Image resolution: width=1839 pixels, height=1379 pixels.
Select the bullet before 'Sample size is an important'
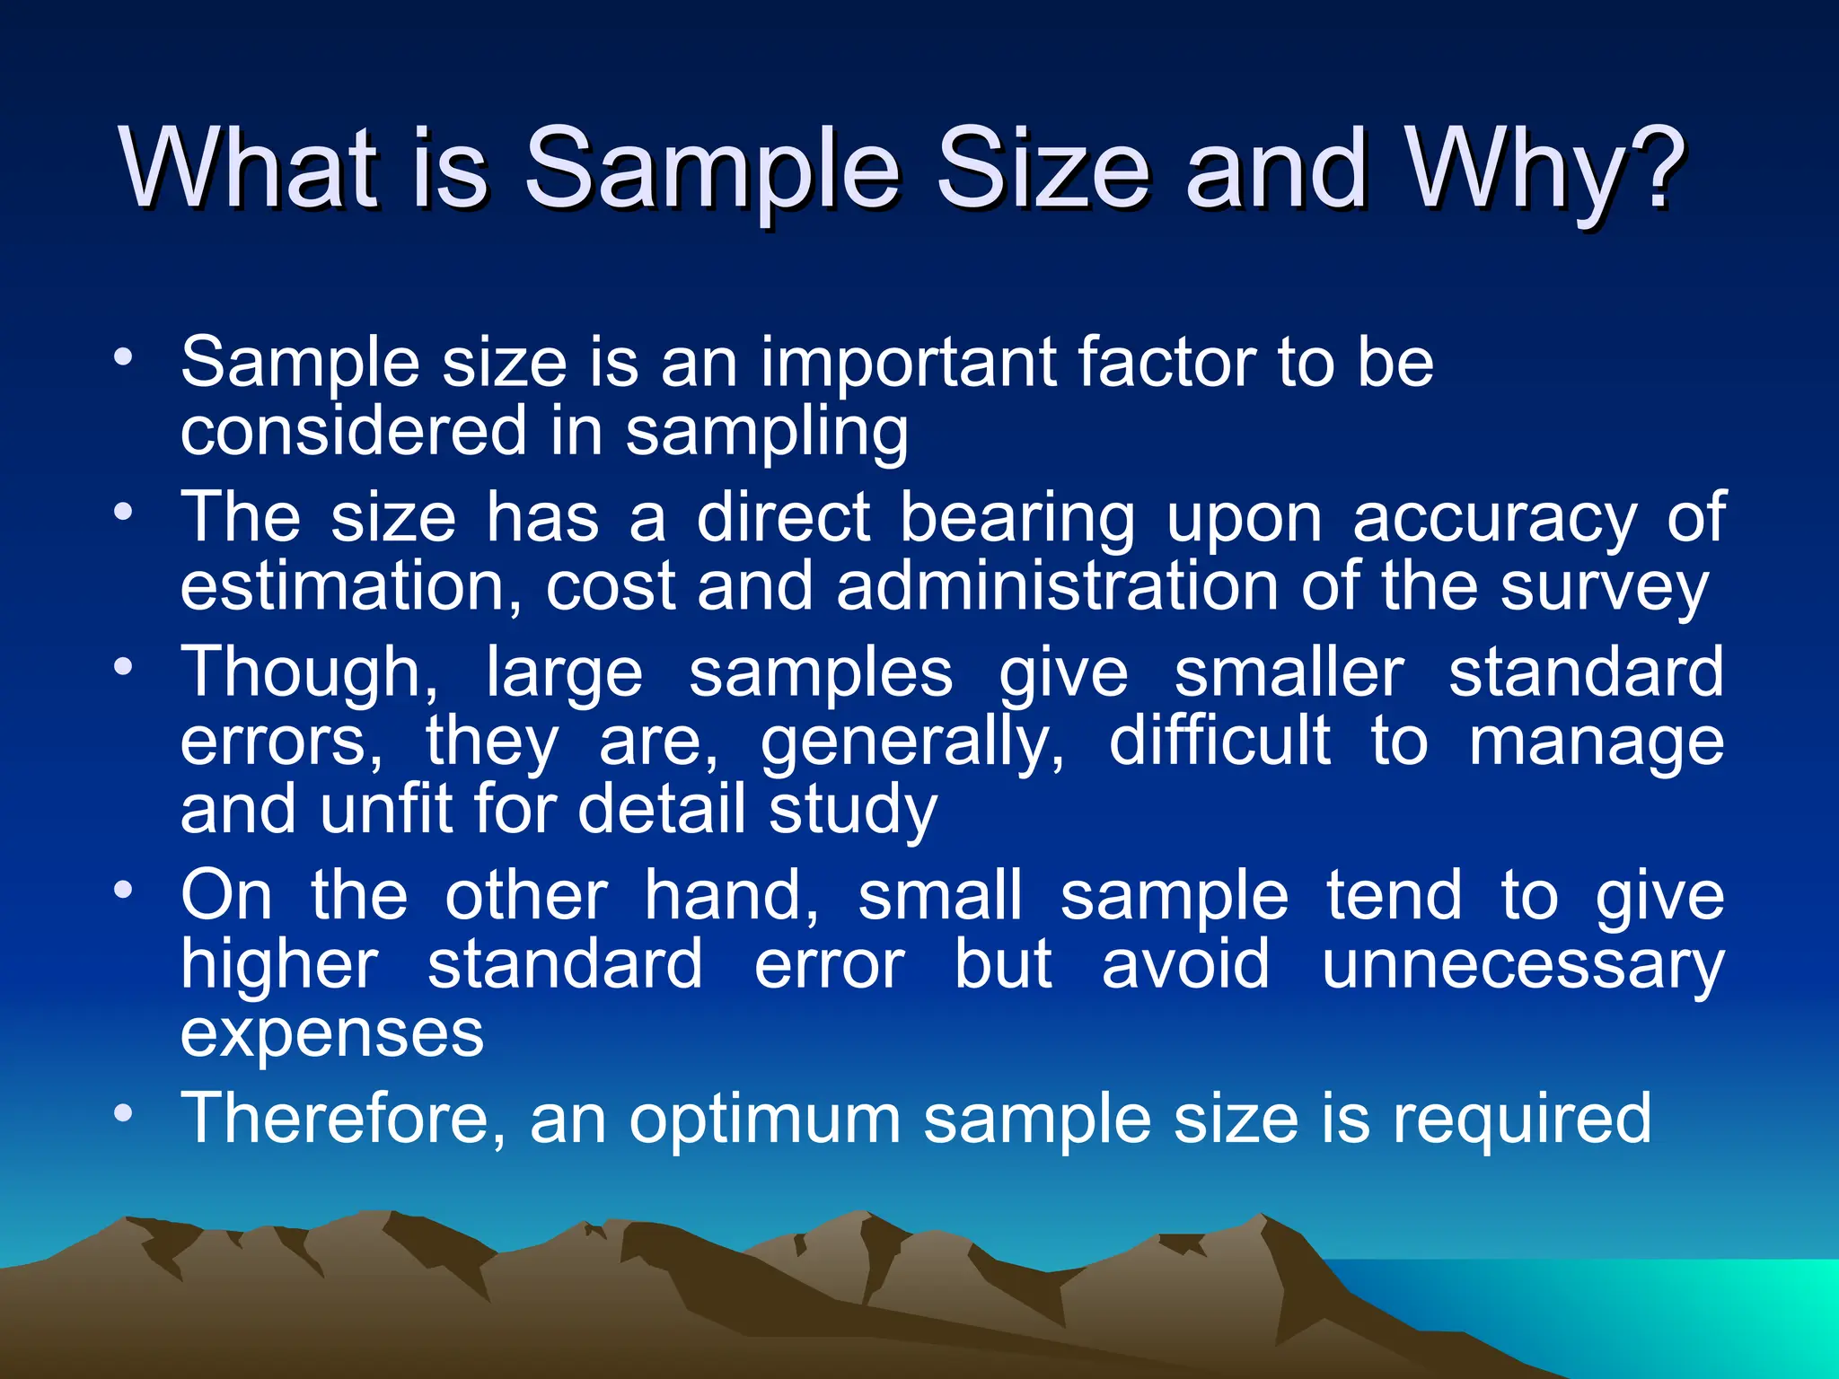(x=123, y=357)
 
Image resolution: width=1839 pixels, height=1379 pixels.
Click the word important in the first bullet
(x=908, y=363)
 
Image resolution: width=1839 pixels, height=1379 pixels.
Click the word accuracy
(x=1494, y=519)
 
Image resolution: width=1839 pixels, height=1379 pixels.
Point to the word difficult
(x=1219, y=742)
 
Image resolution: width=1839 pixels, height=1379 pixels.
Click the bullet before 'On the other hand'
(x=123, y=891)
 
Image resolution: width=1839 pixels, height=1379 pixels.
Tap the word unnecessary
(x=1522, y=965)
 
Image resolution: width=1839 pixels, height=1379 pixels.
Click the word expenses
(x=332, y=1034)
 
